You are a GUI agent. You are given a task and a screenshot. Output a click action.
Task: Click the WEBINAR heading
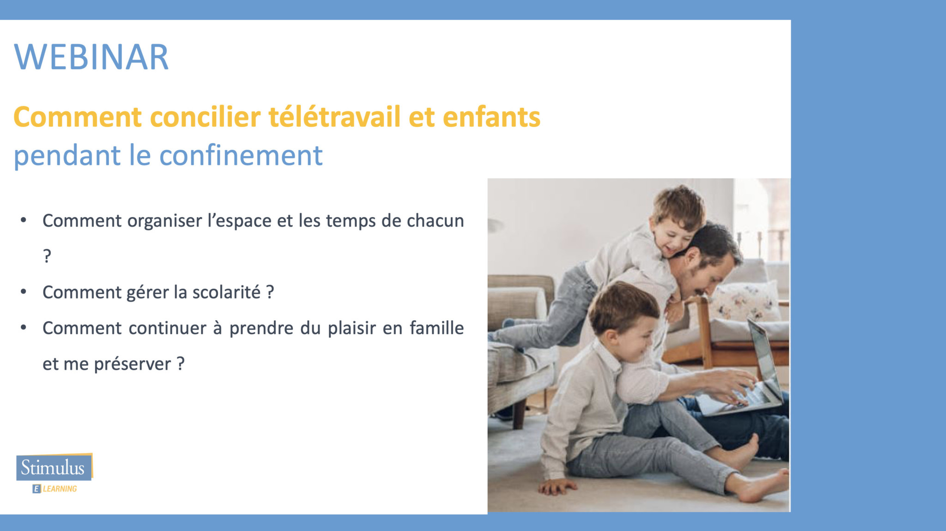(91, 57)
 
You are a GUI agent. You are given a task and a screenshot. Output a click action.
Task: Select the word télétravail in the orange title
(334, 116)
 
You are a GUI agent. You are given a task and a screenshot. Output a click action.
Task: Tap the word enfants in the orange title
(491, 116)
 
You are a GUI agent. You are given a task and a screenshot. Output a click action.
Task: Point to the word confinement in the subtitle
(241, 155)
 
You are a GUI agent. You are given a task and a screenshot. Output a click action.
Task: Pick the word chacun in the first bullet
(435, 220)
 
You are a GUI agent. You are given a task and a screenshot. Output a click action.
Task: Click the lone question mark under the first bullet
(47, 256)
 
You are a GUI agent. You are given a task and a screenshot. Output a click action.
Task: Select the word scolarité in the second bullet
(226, 292)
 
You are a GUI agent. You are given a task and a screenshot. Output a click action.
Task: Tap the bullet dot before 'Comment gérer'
(23, 292)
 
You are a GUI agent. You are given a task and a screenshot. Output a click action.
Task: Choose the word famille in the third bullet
(437, 328)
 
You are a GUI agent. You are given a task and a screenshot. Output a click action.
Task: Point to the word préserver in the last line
(133, 364)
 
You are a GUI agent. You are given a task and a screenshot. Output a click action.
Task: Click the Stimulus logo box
(54, 467)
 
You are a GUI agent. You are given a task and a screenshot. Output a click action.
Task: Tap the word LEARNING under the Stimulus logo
(60, 489)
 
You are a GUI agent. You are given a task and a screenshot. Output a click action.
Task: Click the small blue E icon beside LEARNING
(36, 489)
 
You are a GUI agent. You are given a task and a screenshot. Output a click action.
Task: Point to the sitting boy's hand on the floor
(556, 486)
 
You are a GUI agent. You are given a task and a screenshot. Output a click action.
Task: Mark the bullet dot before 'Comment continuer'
(23, 328)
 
